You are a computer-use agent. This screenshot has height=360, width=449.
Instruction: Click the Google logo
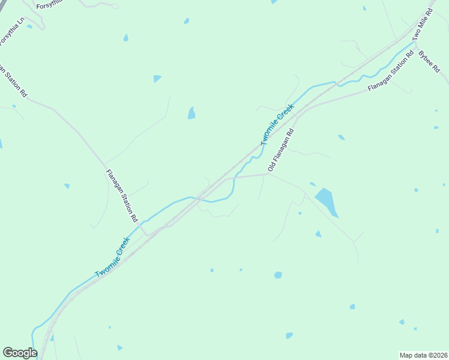click(20, 353)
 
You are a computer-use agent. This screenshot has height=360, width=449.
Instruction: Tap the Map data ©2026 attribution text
click(423, 355)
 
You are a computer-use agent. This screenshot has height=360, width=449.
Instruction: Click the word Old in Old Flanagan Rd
click(272, 166)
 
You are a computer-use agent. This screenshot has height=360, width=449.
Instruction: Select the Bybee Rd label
click(429, 62)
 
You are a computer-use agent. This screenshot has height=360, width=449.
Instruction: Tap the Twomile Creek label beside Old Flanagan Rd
click(277, 124)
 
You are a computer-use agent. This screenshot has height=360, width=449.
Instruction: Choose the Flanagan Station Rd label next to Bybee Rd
click(391, 71)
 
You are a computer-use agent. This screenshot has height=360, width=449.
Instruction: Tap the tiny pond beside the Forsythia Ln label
click(29, 26)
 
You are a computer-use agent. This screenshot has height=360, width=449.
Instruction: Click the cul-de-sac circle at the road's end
click(116, 5)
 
